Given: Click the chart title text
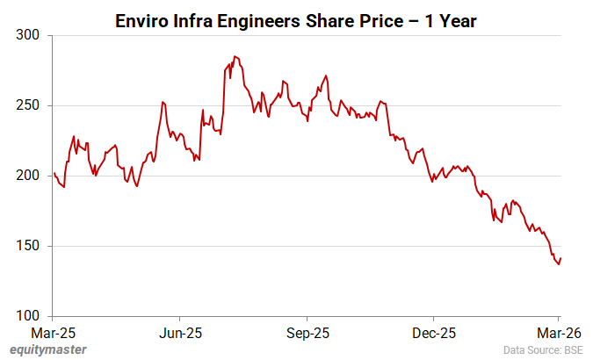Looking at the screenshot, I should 296,20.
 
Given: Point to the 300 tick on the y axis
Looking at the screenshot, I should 28,35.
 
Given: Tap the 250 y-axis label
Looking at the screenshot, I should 28,105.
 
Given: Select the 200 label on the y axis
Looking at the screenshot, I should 28,176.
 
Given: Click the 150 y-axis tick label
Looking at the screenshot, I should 28,246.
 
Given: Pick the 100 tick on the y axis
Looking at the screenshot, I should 28,316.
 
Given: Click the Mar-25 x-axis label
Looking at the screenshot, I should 54,334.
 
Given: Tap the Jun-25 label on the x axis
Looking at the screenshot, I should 180,334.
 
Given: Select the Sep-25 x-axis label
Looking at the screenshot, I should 307,334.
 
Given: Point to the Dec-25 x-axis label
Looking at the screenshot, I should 434,334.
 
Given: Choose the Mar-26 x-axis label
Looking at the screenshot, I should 560,334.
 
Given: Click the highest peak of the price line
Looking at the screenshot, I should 235,56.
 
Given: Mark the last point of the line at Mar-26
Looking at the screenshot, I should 560,257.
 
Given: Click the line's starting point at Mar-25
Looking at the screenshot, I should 54,173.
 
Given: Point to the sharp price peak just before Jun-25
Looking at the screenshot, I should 163,102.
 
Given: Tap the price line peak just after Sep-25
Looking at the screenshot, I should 326,76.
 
